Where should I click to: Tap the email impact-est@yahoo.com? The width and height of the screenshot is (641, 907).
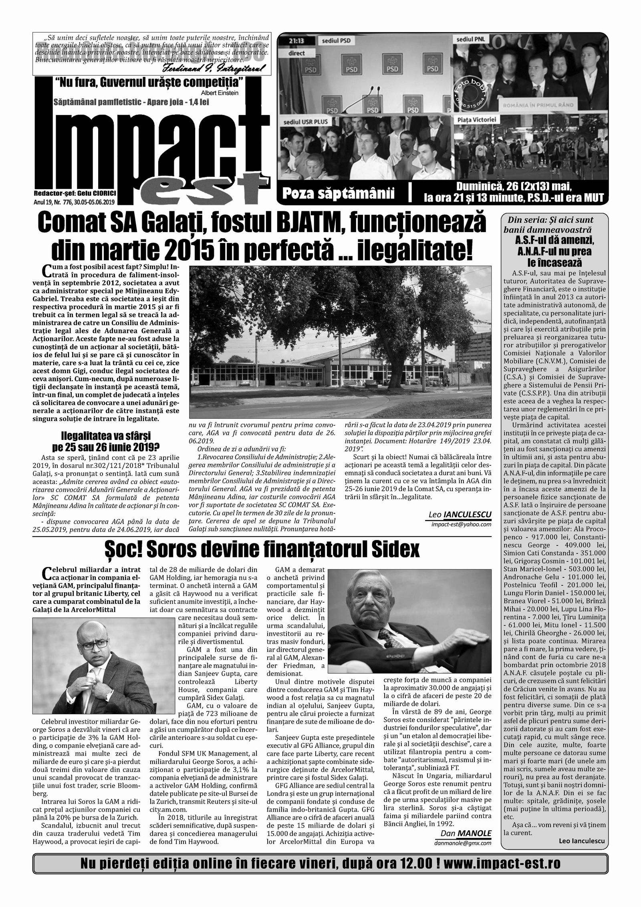(x=461, y=524)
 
